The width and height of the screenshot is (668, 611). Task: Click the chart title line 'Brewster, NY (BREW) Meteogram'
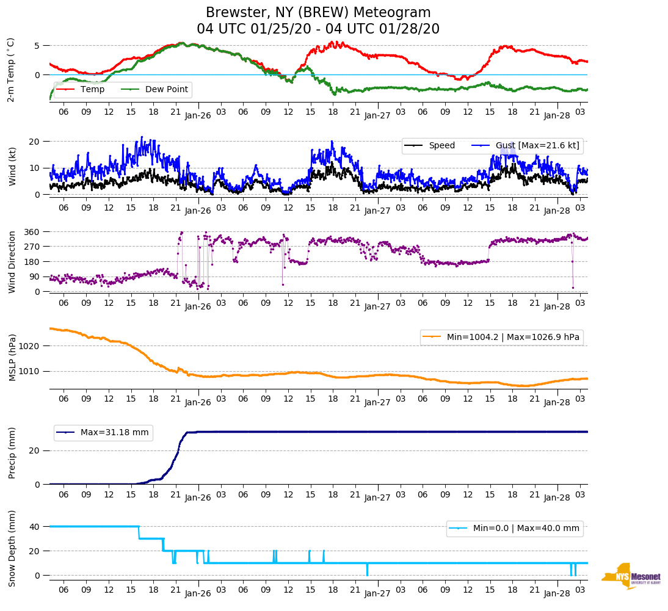pyautogui.click(x=318, y=13)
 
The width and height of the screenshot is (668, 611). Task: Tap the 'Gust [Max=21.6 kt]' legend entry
pyautogui.click(x=537, y=146)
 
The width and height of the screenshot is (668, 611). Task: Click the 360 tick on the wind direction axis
pyautogui.click(x=32, y=232)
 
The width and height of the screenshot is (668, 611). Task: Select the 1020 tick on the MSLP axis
pyautogui.click(x=29, y=346)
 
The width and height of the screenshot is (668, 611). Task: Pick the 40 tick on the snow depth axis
pyautogui.click(x=35, y=527)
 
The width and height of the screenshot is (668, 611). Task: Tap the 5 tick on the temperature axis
pyautogui.click(x=37, y=46)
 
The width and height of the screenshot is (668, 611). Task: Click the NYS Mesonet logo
pyautogui.click(x=631, y=576)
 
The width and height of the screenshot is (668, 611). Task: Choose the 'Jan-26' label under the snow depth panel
pyautogui.click(x=198, y=593)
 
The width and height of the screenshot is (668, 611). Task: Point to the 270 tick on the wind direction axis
pyautogui.click(x=32, y=247)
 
